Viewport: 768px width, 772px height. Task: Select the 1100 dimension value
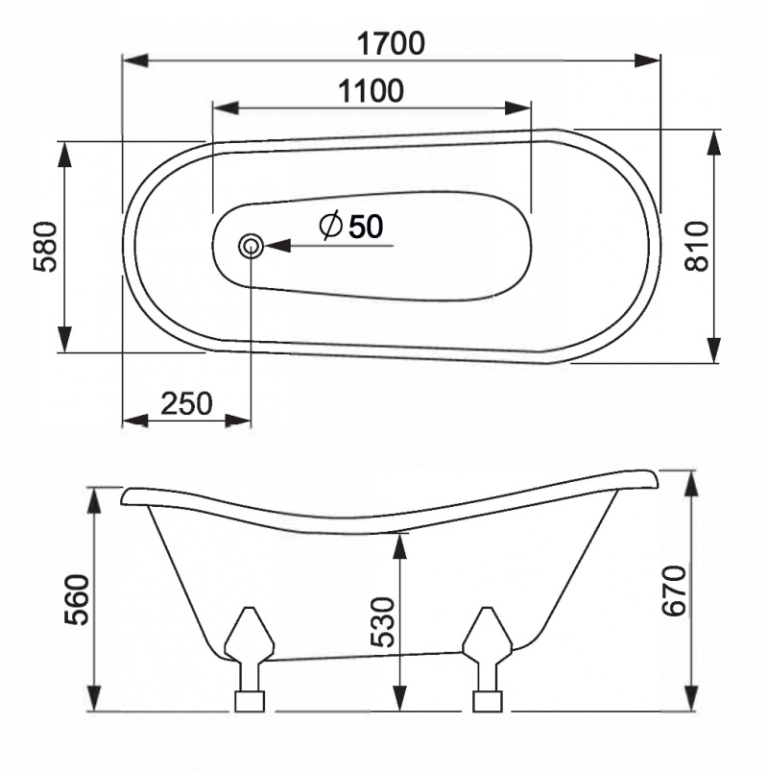tap(371, 91)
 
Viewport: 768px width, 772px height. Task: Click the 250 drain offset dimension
tap(186, 403)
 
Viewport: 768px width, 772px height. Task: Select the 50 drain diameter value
tap(365, 227)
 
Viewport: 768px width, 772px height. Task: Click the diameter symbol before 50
tap(329, 227)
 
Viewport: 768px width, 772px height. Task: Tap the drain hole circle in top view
tap(252, 246)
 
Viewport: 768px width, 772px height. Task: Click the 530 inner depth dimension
tap(381, 621)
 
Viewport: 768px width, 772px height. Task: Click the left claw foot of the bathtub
tap(249, 658)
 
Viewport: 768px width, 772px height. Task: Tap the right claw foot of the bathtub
tap(488, 658)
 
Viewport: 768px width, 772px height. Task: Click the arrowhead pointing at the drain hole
tap(276, 246)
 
